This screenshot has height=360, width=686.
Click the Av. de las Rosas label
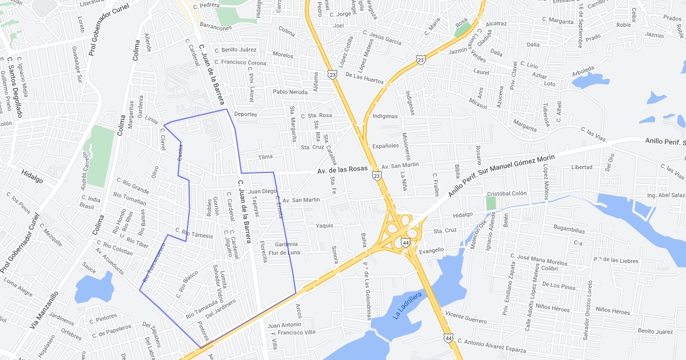tap(342, 169)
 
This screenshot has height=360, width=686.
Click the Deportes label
tap(245, 114)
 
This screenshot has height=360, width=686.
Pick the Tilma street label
tap(265, 157)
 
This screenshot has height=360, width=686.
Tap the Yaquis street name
tap(324, 226)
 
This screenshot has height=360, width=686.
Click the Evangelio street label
tap(432, 250)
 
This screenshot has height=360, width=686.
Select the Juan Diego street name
tap(262, 191)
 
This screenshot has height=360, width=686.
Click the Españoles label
tap(385, 146)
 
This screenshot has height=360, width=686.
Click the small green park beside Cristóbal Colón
tap(490, 203)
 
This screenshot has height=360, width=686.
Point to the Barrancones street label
tap(216, 27)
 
